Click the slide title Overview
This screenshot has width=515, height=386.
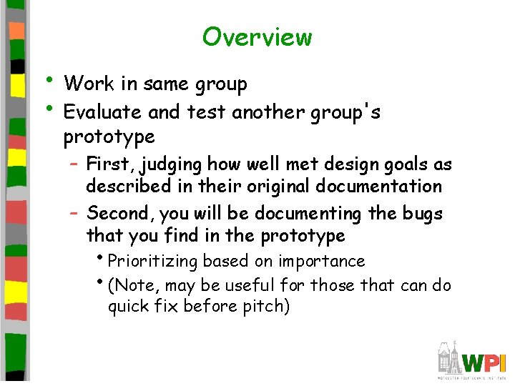click(257, 36)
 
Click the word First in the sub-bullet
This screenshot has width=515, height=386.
click(110, 164)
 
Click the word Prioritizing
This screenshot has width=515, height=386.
click(152, 262)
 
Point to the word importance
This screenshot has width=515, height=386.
click(321, 262)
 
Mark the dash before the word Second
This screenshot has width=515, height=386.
click(75, 214)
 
